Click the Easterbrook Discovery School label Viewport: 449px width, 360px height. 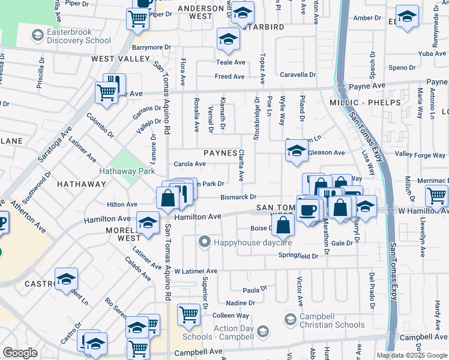click(x=72, y=36)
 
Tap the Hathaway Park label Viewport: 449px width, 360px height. click(x=127, y=170)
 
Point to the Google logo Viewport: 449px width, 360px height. click(x=20, y=353)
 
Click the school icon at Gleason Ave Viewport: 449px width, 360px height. click(x=297, y=151)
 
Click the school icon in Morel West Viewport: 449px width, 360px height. click(x=147, y=223)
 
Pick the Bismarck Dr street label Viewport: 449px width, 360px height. click(x=238, y=197)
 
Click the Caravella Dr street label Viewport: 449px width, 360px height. click(x=300, y=75)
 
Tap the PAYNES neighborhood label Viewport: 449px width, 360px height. click(x=220, y=153)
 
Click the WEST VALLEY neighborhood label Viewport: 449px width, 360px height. click(x=120, y=59)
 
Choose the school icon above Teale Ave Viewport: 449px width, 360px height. click(x=228, y=40)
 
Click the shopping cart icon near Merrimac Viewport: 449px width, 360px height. click(x=436, y=195)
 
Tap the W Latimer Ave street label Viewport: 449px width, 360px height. click(x=196, y=271)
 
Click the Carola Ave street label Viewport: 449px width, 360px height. click(x=190, y=164)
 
